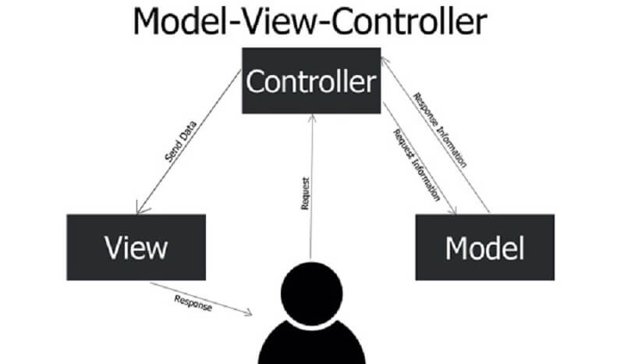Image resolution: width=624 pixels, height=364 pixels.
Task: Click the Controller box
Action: click(310, 81)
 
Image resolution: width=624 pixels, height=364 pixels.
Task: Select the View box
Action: click(136, 248)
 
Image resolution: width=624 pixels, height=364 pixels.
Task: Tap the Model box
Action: click(484, 248)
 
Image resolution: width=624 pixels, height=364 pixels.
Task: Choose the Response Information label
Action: click(441, 130)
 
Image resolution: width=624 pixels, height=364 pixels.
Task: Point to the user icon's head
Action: click(310, 289)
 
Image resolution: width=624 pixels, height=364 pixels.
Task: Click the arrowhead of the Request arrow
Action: click(312, 117)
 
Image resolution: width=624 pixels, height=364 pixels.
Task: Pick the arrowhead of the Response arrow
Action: click(250, 313)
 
